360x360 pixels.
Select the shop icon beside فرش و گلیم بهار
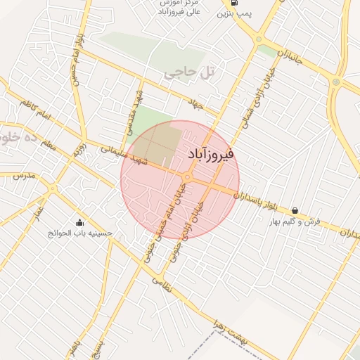[x=294, y=210]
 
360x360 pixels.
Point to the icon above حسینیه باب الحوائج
[x=79, y=223]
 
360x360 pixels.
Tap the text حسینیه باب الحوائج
[x=80, y=233]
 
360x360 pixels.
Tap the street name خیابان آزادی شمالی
[x=258, y=99]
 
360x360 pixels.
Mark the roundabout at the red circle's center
[x=188, y=176]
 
